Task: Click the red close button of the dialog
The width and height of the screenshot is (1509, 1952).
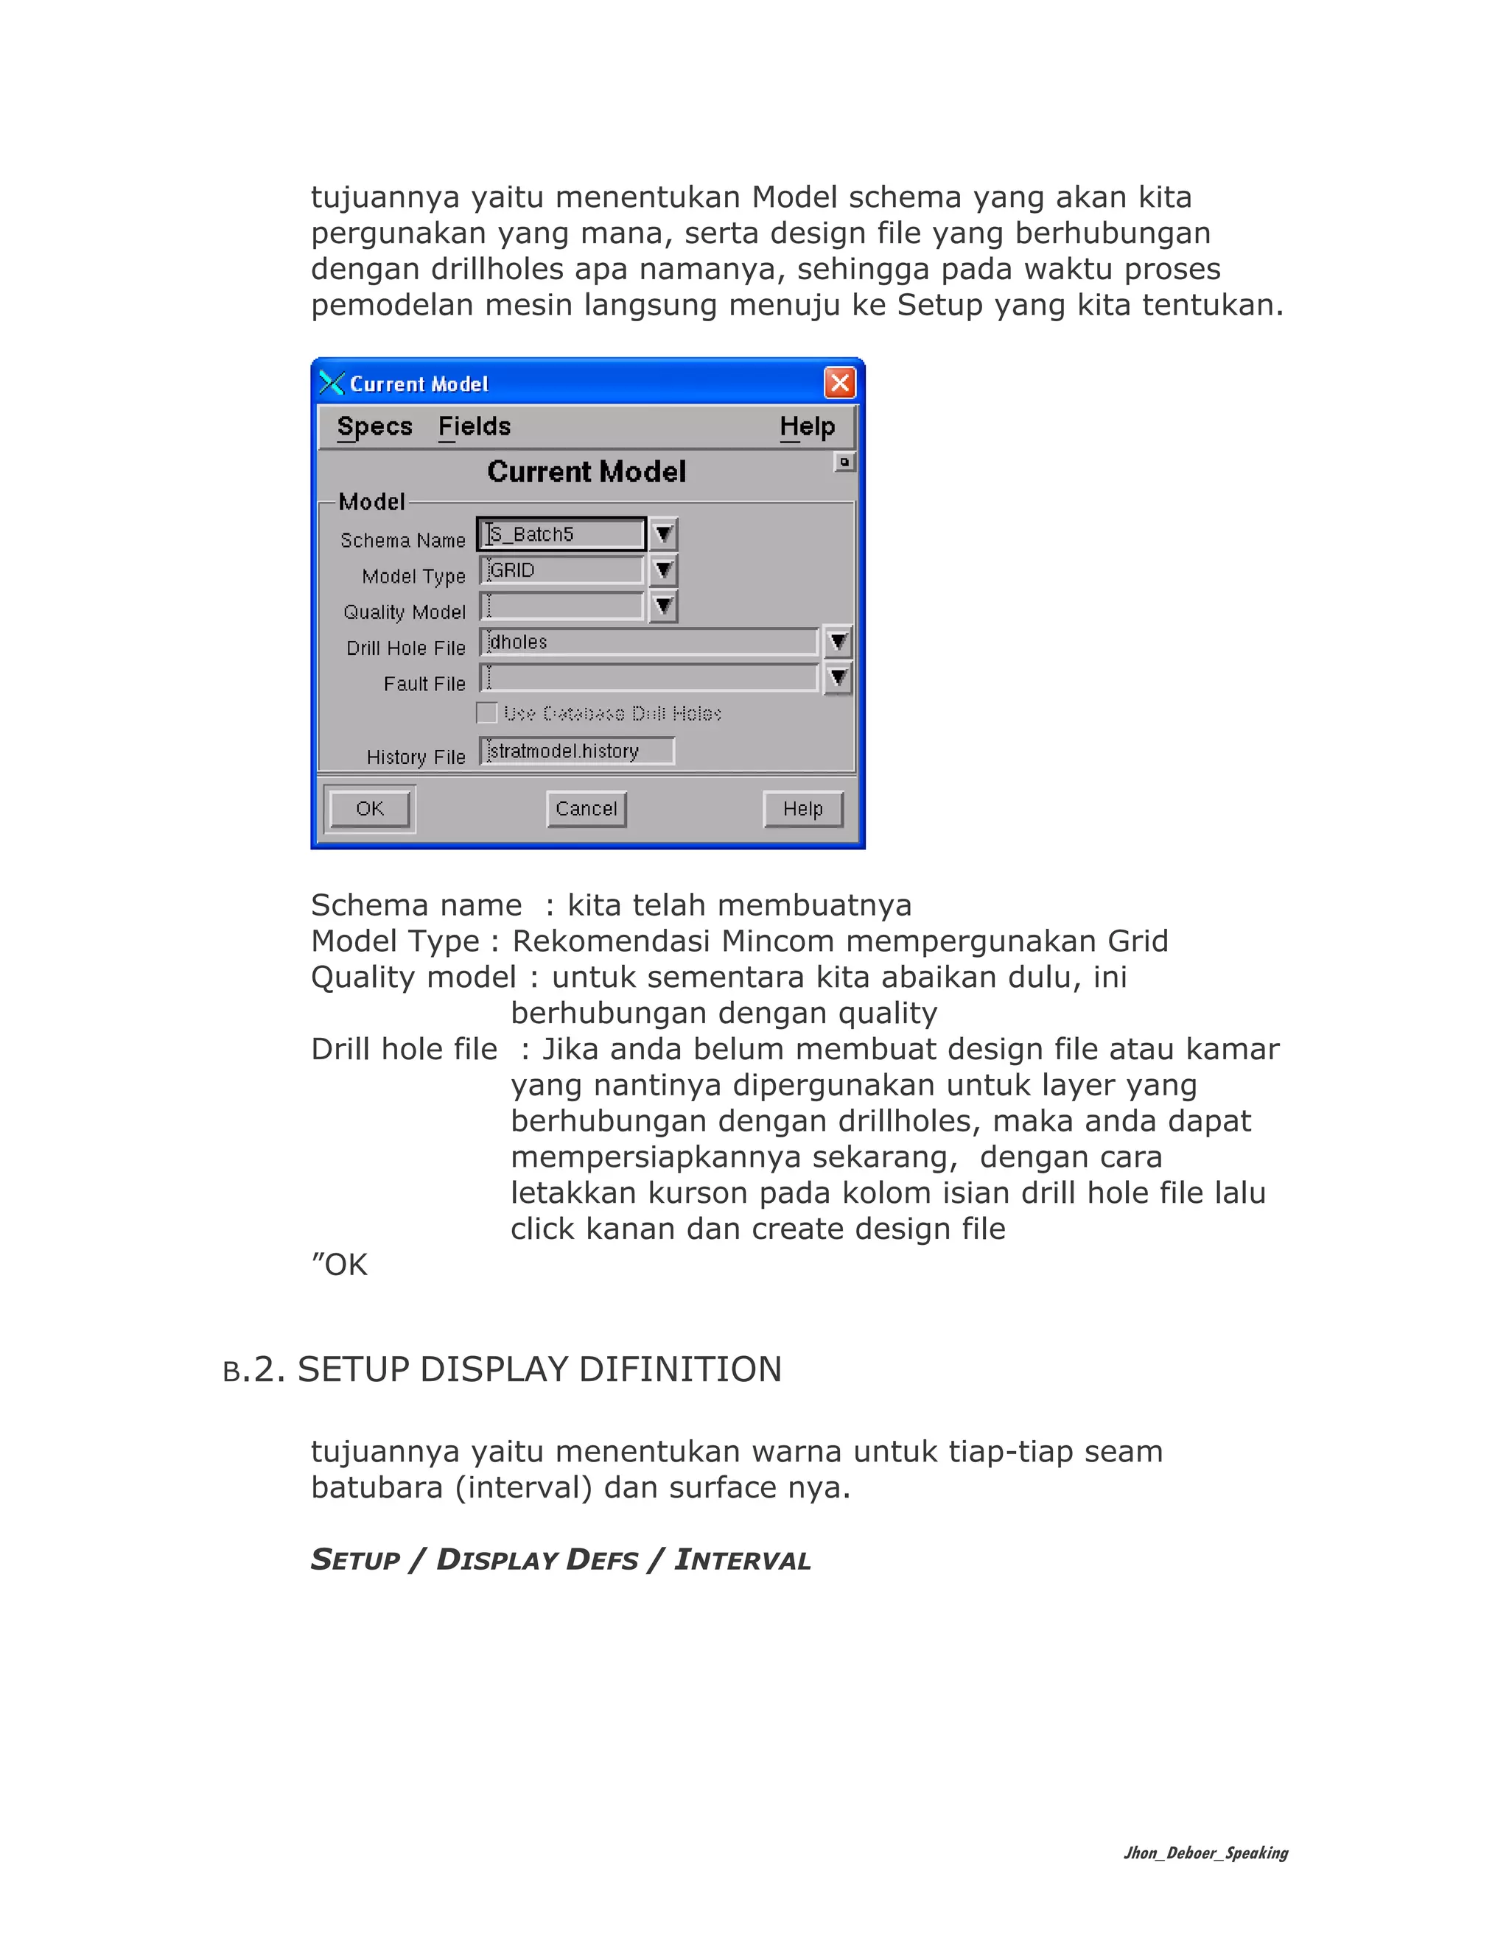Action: click(839, 384)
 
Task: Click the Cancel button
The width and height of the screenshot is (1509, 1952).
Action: click(587, 809)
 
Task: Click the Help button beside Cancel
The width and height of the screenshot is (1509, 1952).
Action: click(803, 809)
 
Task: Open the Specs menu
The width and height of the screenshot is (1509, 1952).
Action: click(374, 426)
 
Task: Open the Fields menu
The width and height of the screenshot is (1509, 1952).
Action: click(474, 426)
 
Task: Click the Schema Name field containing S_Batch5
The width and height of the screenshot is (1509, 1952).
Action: click(561, 535)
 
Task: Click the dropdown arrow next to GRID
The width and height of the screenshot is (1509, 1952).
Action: click(663, 570)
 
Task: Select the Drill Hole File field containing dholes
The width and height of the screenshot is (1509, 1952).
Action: click(648, 642)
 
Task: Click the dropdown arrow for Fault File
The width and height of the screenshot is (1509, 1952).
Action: click(838, 678)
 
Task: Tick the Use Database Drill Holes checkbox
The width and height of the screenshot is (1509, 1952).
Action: click(487, 713)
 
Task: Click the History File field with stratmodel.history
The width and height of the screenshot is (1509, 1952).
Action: click(577, 751)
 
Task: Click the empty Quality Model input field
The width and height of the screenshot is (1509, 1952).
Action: click(561, 606)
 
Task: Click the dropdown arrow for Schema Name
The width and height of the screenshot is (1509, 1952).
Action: click(663, 535)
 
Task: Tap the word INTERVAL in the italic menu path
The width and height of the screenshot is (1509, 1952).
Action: click(742, 1559)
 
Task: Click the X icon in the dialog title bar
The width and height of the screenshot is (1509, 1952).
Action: click(332, 384)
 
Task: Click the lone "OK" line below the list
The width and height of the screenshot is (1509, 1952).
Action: click(340, 1265)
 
